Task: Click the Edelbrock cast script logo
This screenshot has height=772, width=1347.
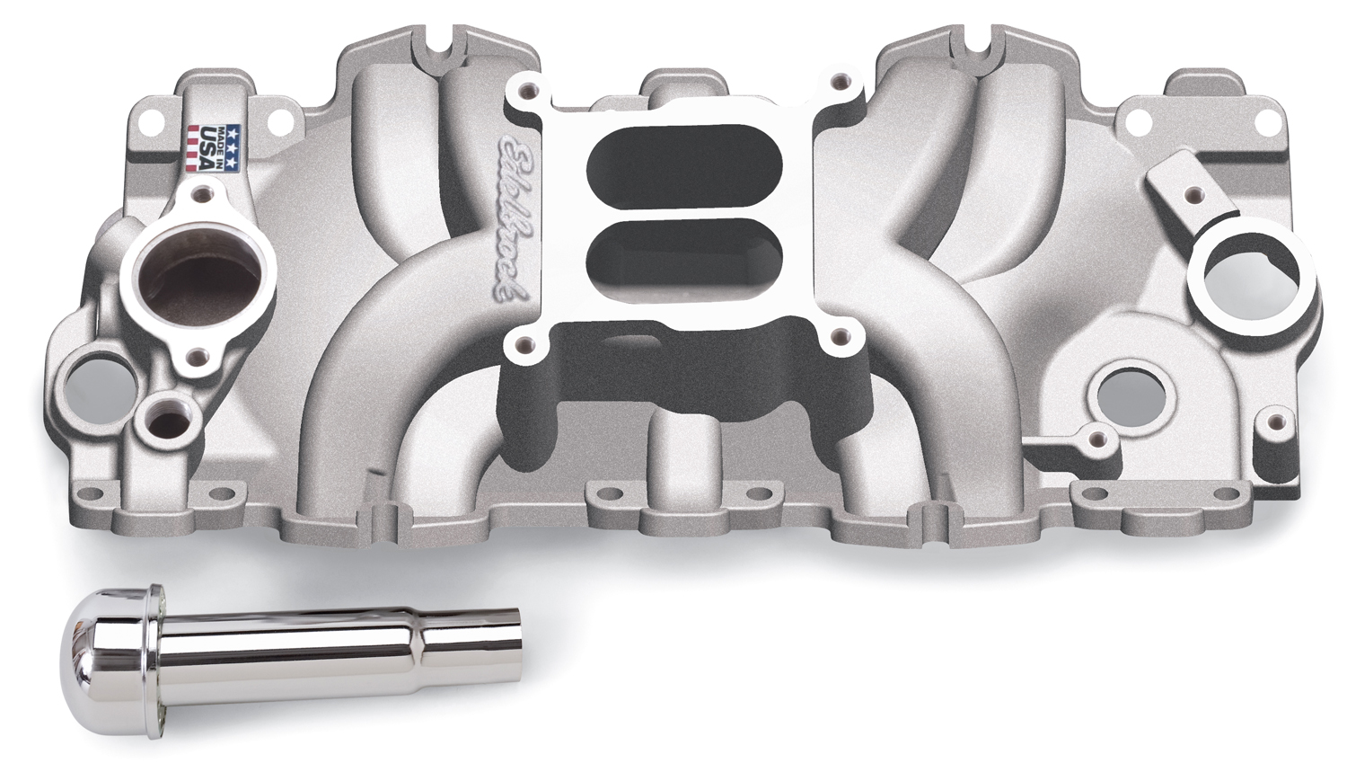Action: coord(512,218)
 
